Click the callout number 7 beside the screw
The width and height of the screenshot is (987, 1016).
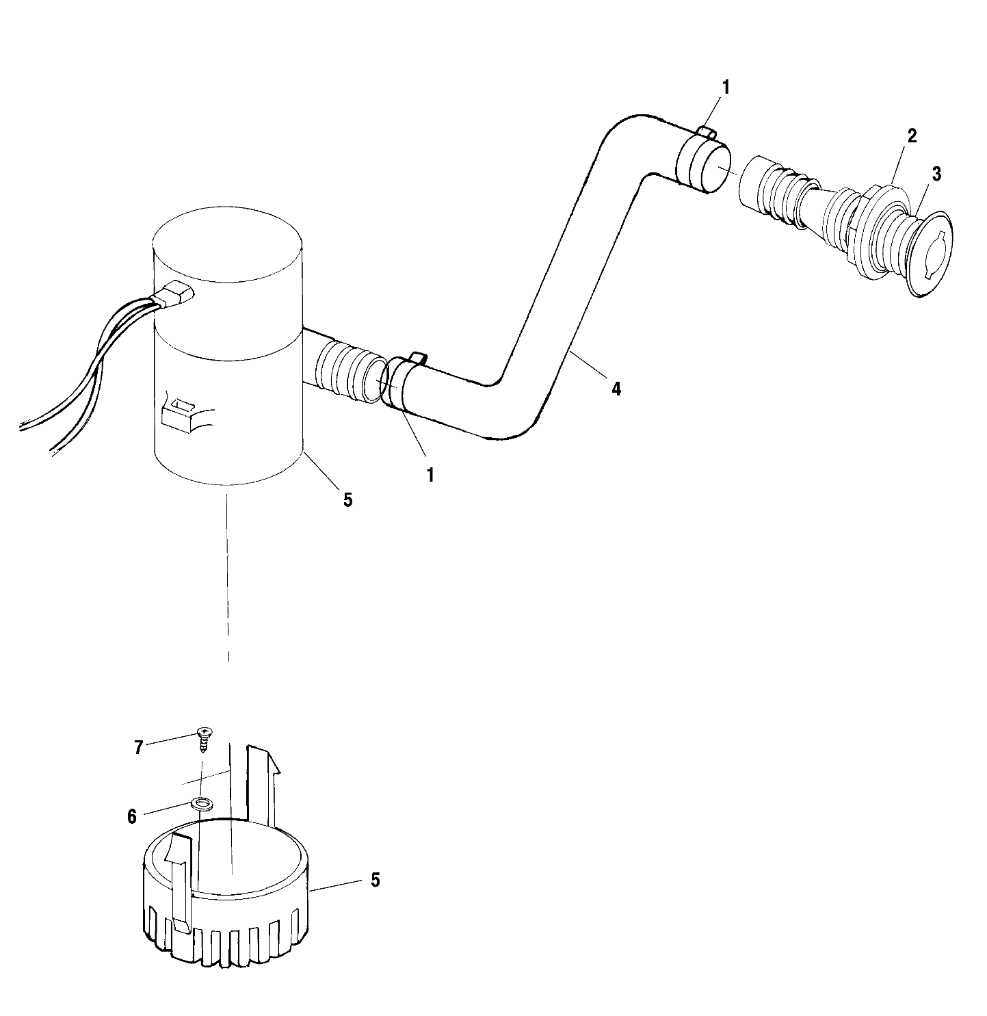(x=138, y=747)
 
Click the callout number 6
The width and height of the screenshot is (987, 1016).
(x=132, y=816)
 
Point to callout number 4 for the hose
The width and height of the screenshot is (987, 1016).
(x=616, y=389)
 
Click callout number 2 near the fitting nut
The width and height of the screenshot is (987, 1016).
(x=912, y=135)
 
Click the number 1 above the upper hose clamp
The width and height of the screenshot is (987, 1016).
(x=726, y=88)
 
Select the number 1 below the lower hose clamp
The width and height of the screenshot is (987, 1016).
(x=430, y=475)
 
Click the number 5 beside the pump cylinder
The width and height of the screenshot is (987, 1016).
(x=347, y=500)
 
